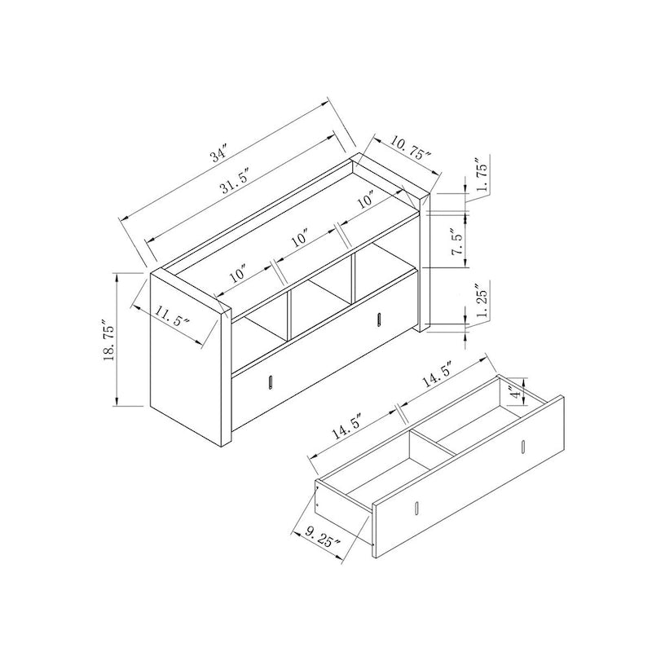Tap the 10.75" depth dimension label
click(409, 149)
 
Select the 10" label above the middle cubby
click(299, 239)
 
